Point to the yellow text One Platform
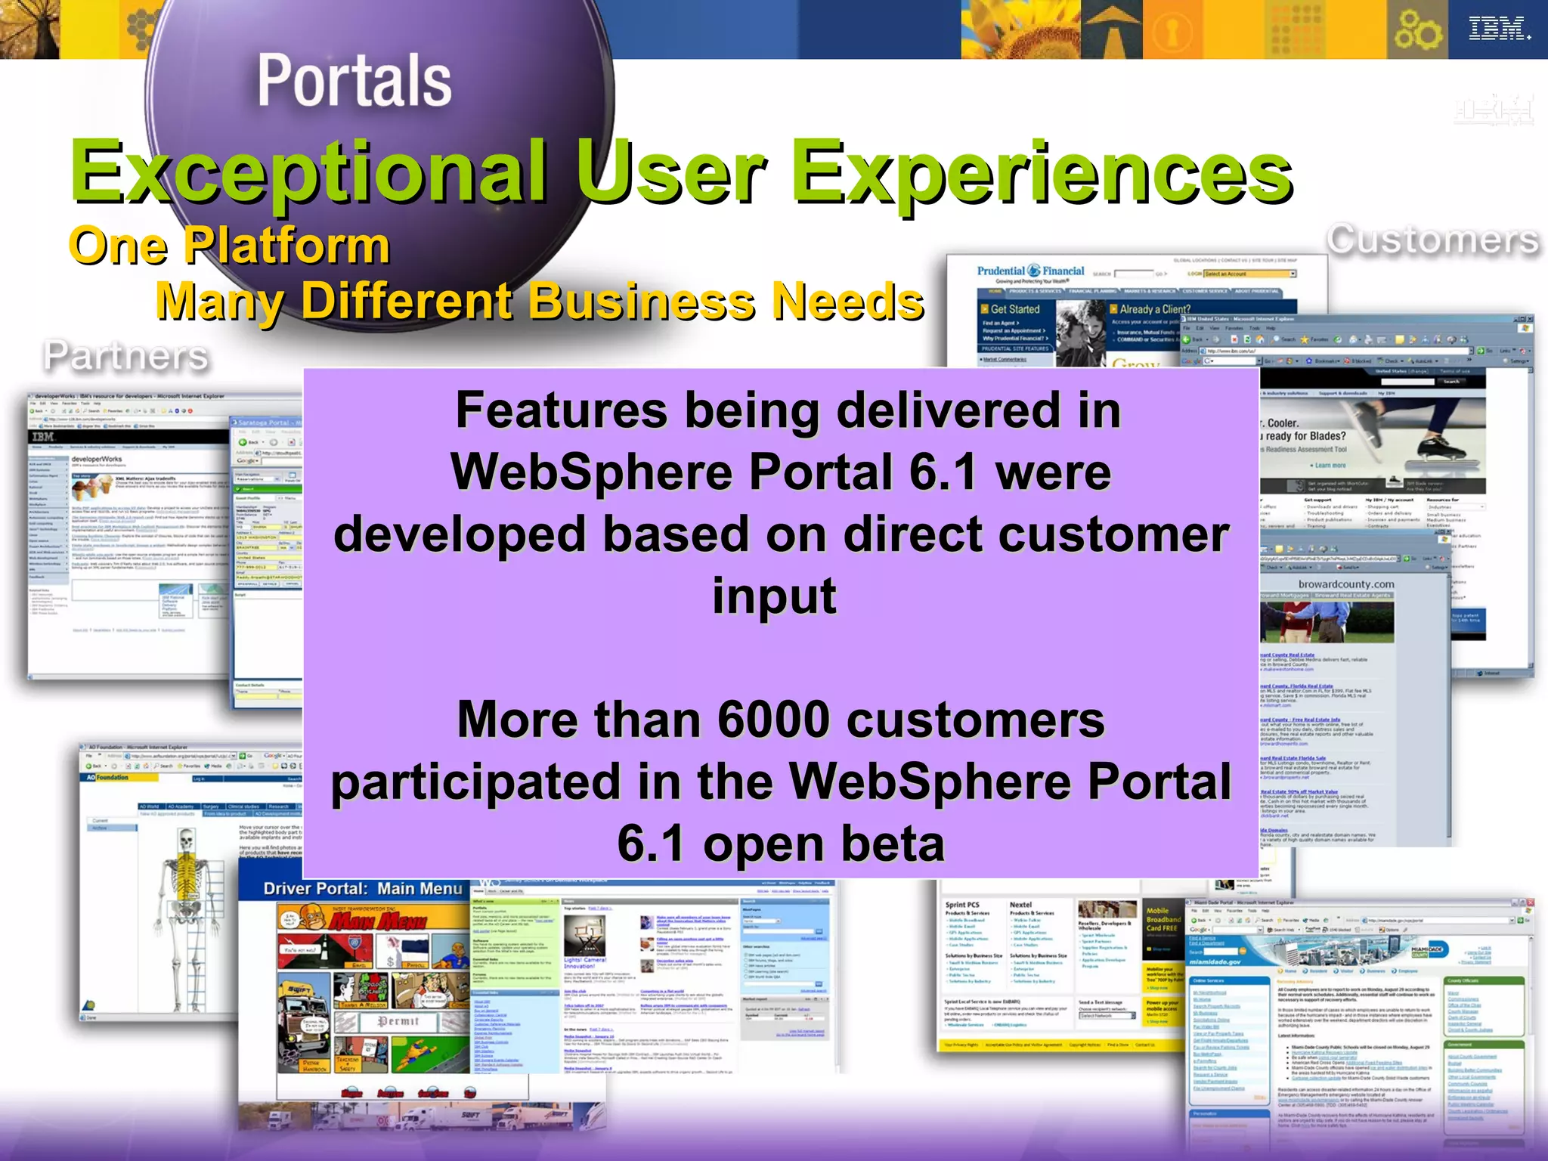(229, 246)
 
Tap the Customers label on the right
(1433, 240)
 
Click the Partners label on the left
(125, 355)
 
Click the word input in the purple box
(774, 596)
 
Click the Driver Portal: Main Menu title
(362, 889)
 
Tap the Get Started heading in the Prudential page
(1014, 309)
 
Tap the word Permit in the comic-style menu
(398, 1021)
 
